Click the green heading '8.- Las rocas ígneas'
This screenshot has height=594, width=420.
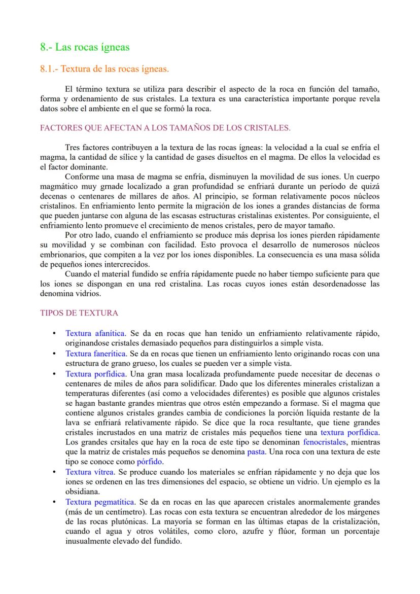tap(85, 47)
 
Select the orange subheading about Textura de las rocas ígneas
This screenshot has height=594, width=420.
tap(104, 68)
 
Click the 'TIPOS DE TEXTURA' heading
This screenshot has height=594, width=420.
tap(79, 313)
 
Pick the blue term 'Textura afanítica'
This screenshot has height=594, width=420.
tap(95, 333)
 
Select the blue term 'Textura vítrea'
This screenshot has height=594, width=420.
tap(90, 472)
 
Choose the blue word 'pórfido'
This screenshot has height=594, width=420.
tap(150, 462)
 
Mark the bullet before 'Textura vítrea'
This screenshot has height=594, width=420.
tap(54, 472)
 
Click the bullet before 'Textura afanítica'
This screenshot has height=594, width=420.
tap(54, 333)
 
